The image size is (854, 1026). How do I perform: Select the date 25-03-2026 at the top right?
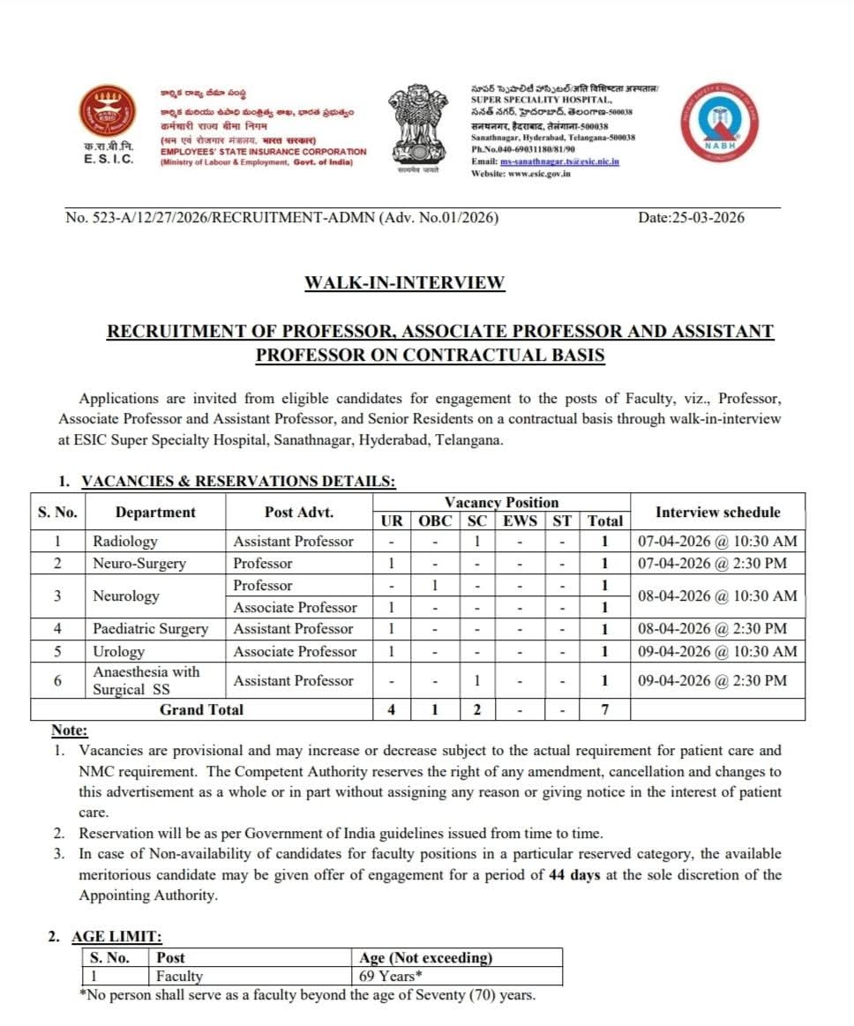coord(691,217)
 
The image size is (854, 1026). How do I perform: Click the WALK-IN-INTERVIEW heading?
coord(404,283)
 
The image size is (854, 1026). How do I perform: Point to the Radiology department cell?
coord(125,542)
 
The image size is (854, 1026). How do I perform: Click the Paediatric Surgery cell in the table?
coord(151,629)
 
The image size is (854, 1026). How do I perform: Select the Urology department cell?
coord(119,651)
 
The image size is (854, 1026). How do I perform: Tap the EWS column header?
coord(520,520)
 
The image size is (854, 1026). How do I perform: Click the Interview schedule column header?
coord(717,512)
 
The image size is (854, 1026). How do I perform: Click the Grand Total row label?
coord(201,709)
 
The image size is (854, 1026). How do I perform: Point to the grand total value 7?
coord(604,709)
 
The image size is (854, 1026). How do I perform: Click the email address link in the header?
coord(559,161)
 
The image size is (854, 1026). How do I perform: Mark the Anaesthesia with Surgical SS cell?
coord(146,680)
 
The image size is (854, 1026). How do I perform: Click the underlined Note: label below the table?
coord(70,730)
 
